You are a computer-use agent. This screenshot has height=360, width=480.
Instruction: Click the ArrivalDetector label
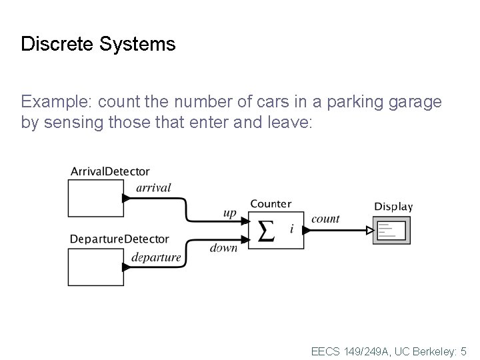110,172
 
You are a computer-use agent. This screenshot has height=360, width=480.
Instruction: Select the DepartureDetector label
119,239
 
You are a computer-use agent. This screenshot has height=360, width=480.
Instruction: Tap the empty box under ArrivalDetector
95,198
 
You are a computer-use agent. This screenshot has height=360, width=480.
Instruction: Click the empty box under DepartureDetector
95,266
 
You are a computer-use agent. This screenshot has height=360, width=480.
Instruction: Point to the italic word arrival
153,188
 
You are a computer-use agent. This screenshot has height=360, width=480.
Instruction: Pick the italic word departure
156,257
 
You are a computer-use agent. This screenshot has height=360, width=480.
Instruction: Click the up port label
229,213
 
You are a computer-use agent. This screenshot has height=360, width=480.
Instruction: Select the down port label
223,248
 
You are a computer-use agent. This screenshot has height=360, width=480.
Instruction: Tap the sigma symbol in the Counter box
265,231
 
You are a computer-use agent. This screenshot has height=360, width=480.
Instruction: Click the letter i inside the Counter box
291,229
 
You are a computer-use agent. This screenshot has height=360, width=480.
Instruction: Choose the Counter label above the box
271,203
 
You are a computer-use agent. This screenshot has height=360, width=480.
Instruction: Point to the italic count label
325,218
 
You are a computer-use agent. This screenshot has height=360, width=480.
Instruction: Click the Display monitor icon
392,231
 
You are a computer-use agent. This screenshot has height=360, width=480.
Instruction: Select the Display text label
393,207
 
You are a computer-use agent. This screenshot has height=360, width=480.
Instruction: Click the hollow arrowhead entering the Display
370,231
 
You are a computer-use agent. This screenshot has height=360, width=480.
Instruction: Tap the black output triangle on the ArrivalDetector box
126,198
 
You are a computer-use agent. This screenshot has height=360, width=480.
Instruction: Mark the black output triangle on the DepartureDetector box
126,267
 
